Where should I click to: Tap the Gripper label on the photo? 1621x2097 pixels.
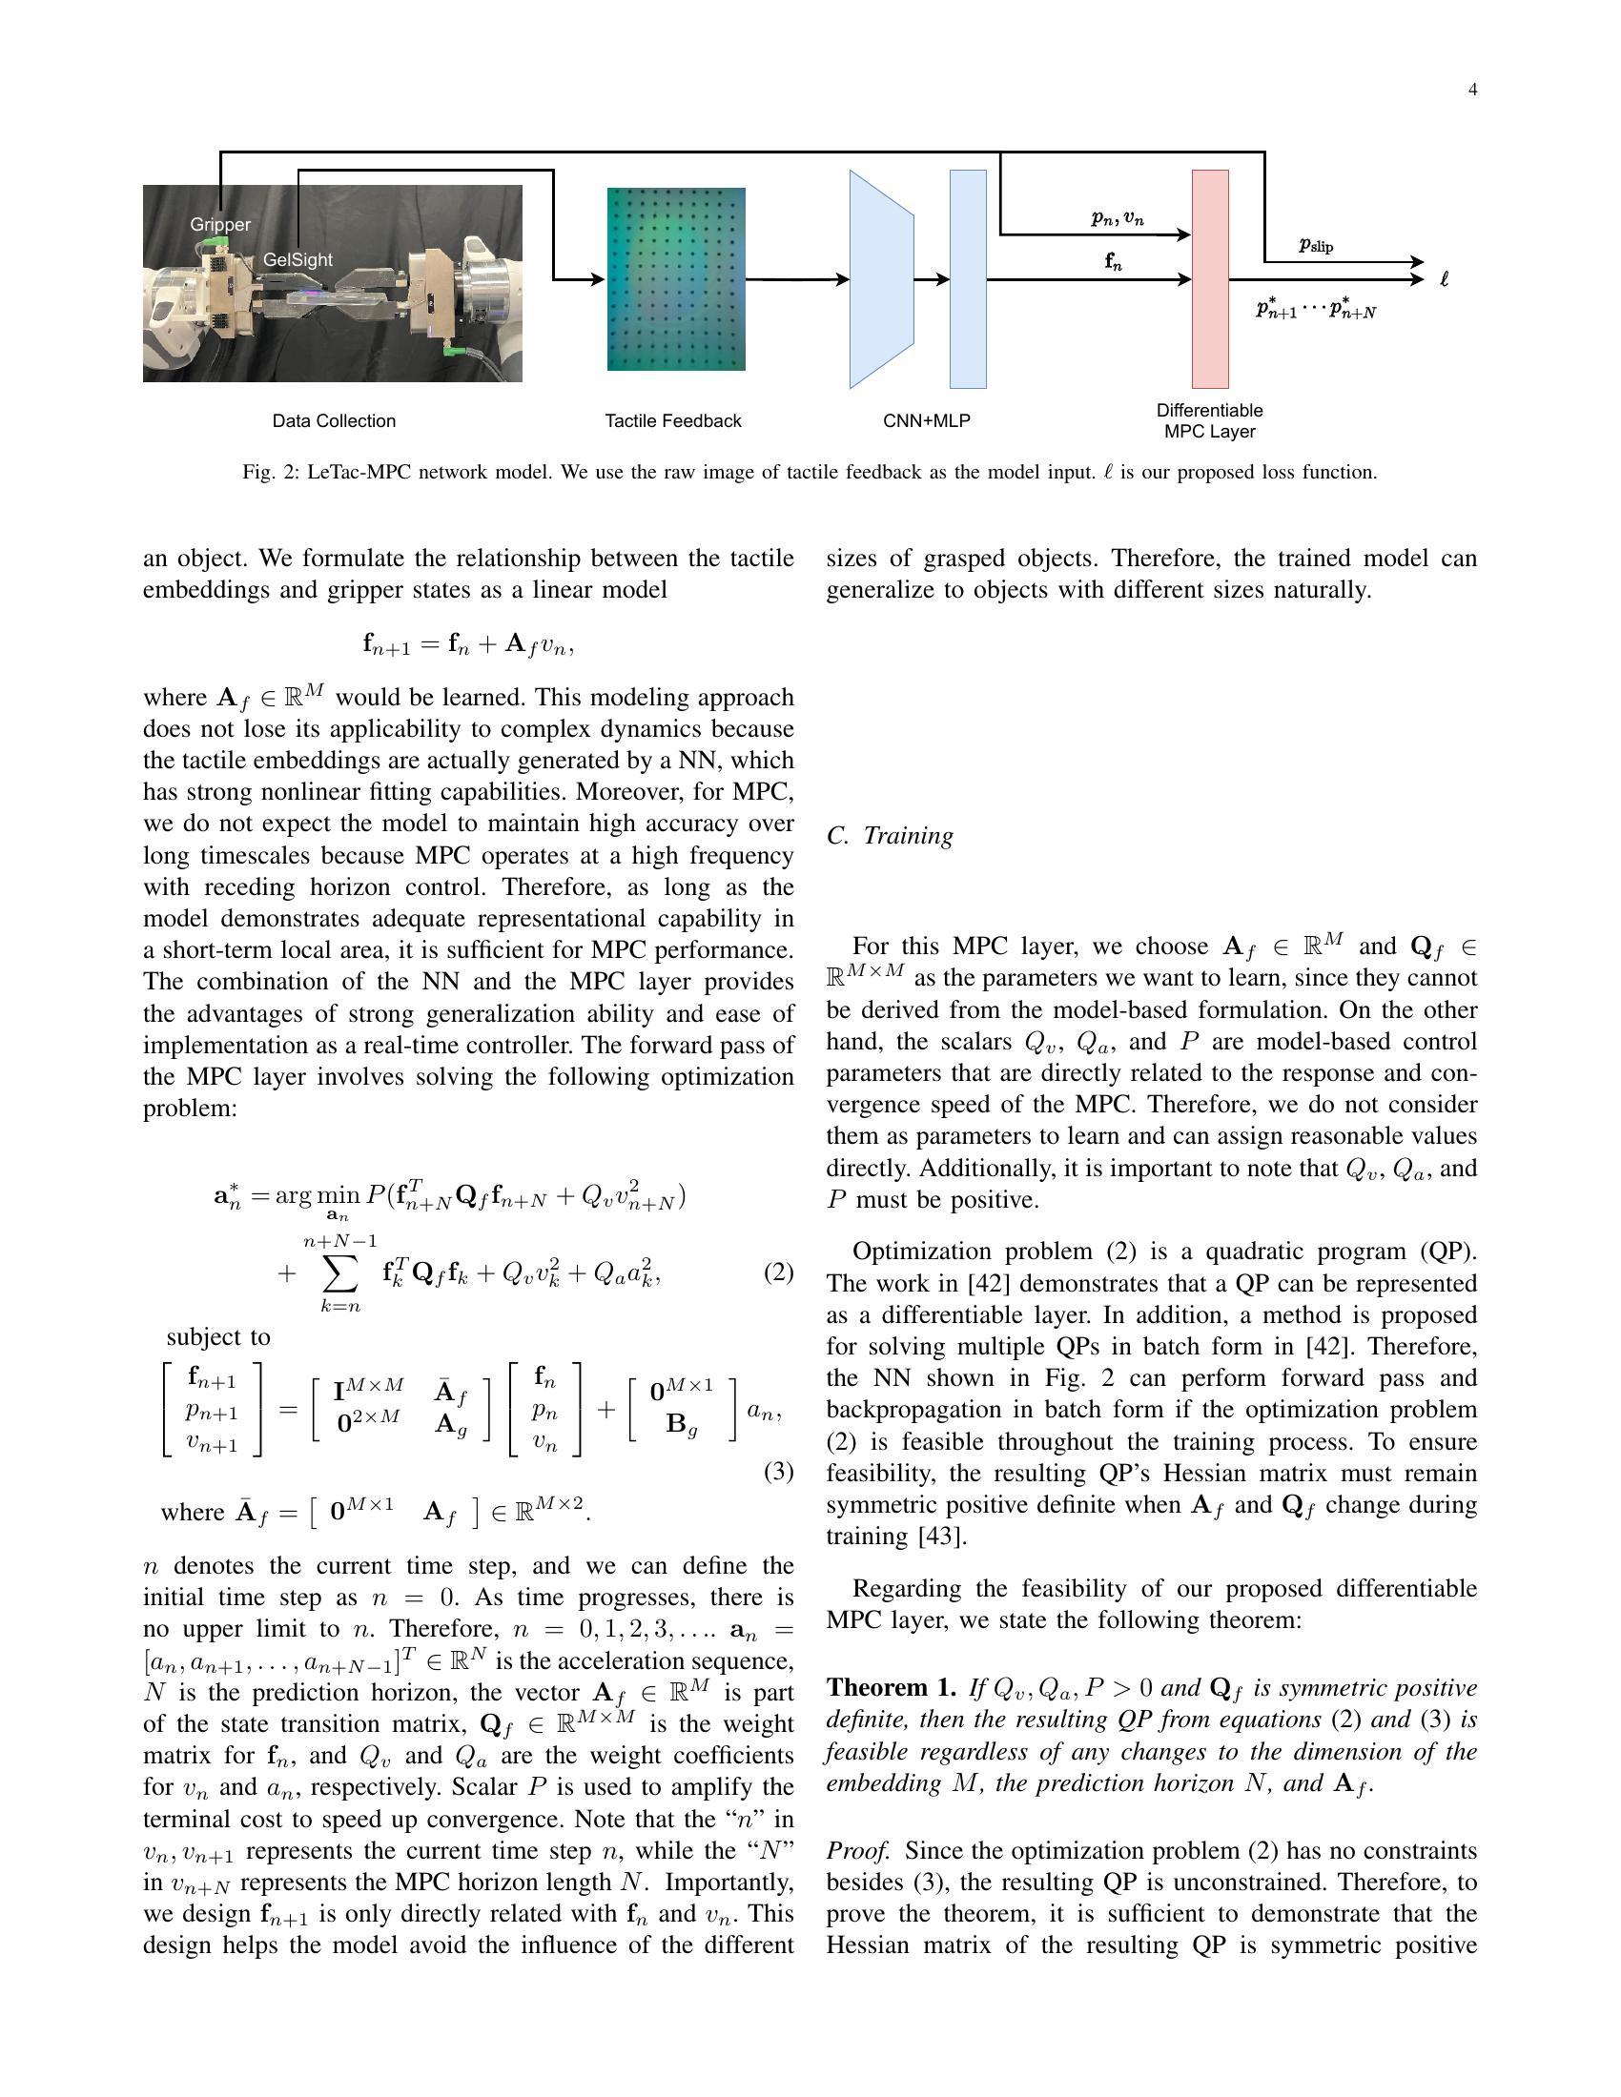(x=220, y=225)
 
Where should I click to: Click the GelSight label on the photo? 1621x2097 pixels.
(x=298, y=260)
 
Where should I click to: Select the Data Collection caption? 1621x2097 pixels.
(x=333, y=420)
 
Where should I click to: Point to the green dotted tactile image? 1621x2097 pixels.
(x=676, y=278)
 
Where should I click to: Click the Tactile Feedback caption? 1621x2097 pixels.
(x=672, y=420)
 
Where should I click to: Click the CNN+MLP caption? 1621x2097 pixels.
(x=926, y=420)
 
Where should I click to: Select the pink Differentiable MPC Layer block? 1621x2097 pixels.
(x=1210, y=279)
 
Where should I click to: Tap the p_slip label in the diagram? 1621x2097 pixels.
(x=1316, y=246)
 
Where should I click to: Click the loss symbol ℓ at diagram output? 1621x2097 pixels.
(x=1444, y=279)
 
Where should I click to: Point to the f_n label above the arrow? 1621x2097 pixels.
(x=1113, y=261)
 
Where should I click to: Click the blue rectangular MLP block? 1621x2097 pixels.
(x=968, y=279)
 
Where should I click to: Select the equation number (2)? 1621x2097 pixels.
(x=778, y=1273)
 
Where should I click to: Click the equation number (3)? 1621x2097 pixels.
(x=778, y=1472)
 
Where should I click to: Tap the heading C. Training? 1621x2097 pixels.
(x=891, y=835)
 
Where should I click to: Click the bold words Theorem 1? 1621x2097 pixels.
(x=892, y=1688)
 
